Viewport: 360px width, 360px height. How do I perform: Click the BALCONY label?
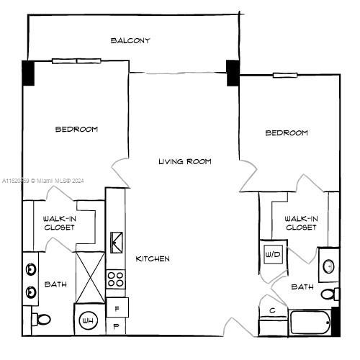point(130,40)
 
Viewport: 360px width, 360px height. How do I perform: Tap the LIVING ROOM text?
point(185,161)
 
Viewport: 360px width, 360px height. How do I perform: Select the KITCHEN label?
point(153,258)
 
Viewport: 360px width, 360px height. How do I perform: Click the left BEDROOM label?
point(77,130)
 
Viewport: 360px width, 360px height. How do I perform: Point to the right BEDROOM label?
point(287,132)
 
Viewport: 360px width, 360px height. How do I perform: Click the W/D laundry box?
point(272,254)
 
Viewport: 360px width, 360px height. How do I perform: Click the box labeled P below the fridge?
point(117,326)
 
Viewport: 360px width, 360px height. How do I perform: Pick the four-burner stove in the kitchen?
point(116,278)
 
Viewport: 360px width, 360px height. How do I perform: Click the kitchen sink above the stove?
point(117,242)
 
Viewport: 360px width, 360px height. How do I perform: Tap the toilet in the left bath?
point(42,318)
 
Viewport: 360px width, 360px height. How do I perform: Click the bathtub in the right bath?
point(310,322)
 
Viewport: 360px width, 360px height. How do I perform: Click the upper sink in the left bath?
point(31,270)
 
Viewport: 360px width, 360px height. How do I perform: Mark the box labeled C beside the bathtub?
point(272,310)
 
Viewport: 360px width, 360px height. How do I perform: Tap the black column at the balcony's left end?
point(28,73)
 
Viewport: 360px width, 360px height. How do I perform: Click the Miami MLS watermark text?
point(42,180)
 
